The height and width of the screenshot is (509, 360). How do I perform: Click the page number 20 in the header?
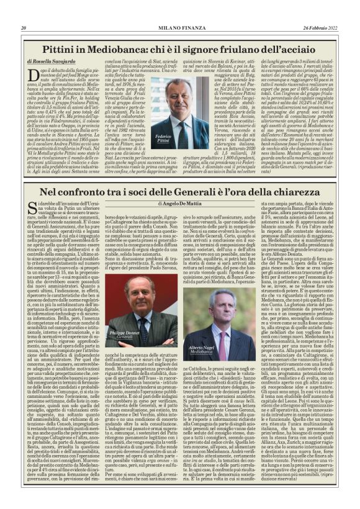point(24,27)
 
